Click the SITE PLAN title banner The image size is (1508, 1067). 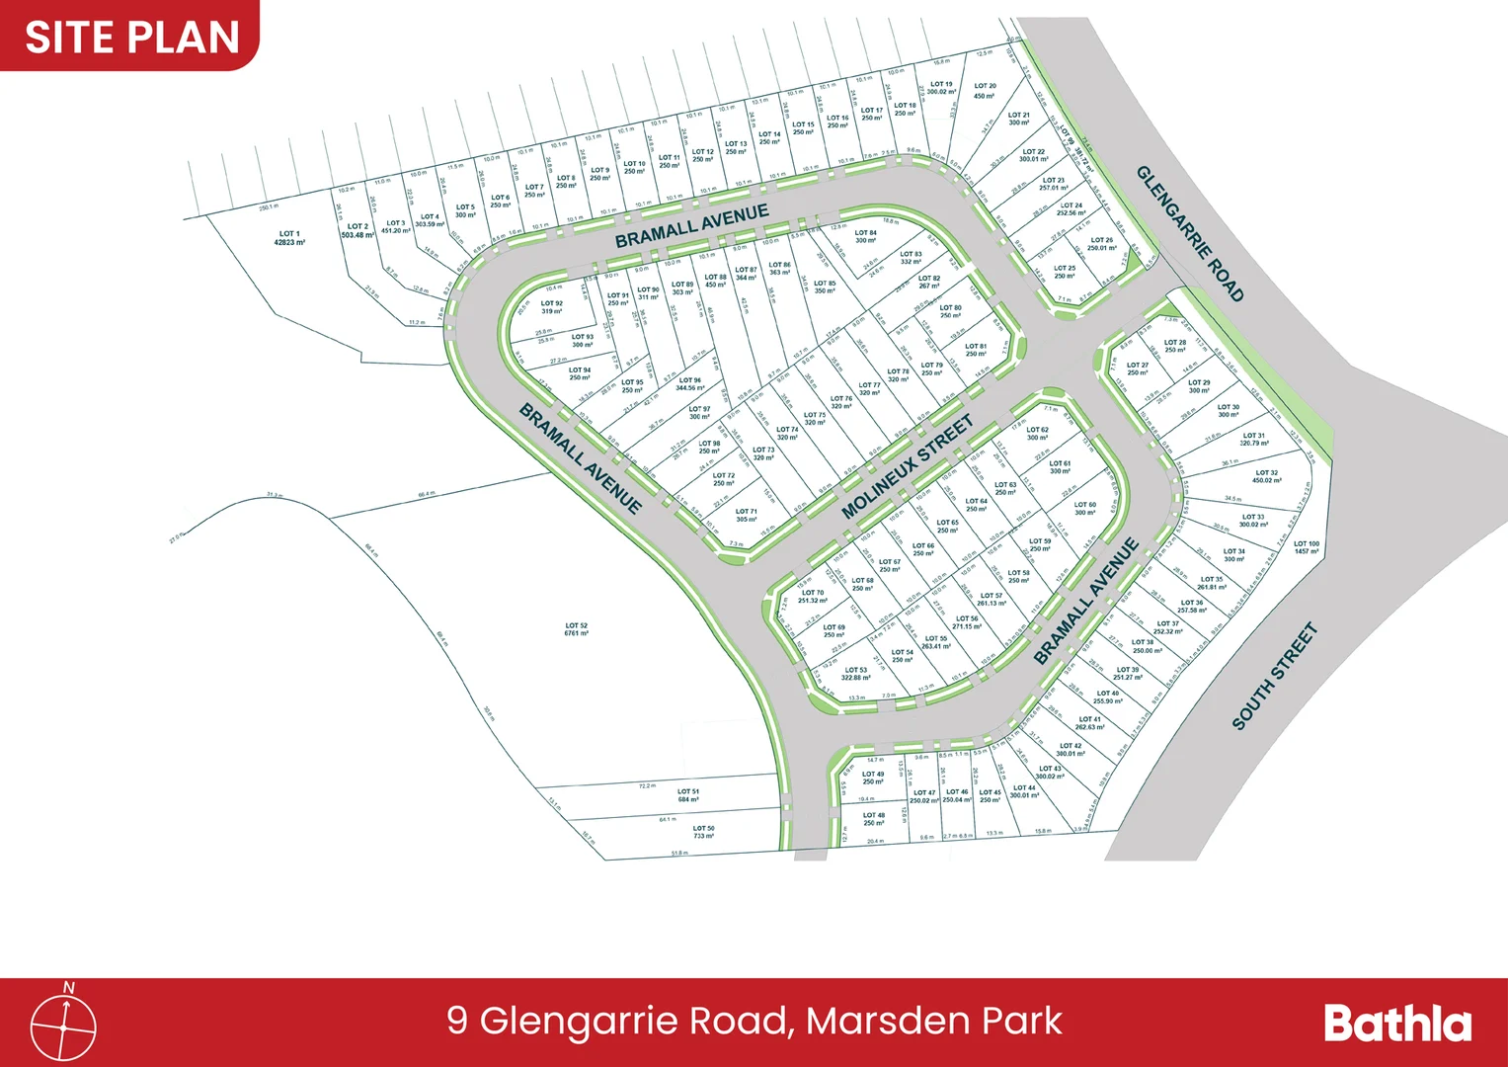131,37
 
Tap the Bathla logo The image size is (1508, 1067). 1396,1024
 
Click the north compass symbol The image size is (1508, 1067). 64,1025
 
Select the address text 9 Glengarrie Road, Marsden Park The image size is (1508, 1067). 754,1021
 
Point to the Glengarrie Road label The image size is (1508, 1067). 1189,233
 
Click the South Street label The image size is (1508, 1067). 1274,676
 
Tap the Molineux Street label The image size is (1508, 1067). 907,467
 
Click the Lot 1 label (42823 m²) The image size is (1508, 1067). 289,238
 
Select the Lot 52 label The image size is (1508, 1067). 577,629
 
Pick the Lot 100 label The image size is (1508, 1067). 1307,547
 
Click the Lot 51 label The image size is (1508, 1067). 688,795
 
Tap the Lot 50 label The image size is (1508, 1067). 703,832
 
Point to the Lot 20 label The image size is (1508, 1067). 985,91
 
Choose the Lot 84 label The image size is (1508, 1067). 866,237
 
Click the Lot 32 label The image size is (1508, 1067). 1267,476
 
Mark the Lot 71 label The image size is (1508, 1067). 747,515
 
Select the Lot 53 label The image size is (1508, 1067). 856,674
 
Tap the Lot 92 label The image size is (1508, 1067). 552,307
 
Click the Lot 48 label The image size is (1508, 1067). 874,819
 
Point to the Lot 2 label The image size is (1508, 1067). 357,231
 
